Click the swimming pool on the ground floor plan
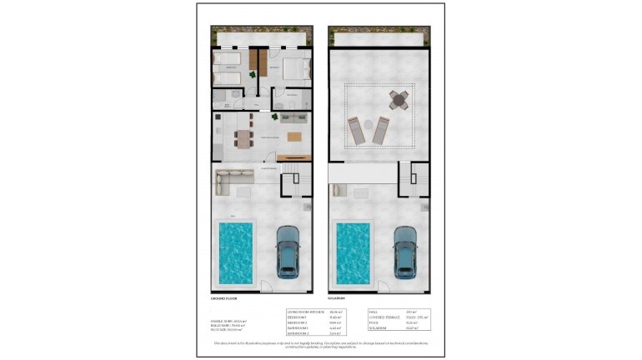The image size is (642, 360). click(x=237, y=251)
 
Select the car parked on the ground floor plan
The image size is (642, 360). click(x=288, y=252)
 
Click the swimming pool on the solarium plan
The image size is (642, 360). click(x=354, y=251)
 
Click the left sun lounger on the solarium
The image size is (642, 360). click(x=356, y=131)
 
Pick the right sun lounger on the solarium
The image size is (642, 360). click(x=382, y=130)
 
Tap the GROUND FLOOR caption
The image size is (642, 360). click(x=224, y=297)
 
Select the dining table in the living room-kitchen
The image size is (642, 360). click(x=243, y=138)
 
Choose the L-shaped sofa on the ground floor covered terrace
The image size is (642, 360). click(x=233, y=177)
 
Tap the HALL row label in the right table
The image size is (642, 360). click(x=374, y=311)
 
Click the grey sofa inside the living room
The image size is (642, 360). click(x=293, y=118)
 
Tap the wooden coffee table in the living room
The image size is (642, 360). click(x=295, y=136)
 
